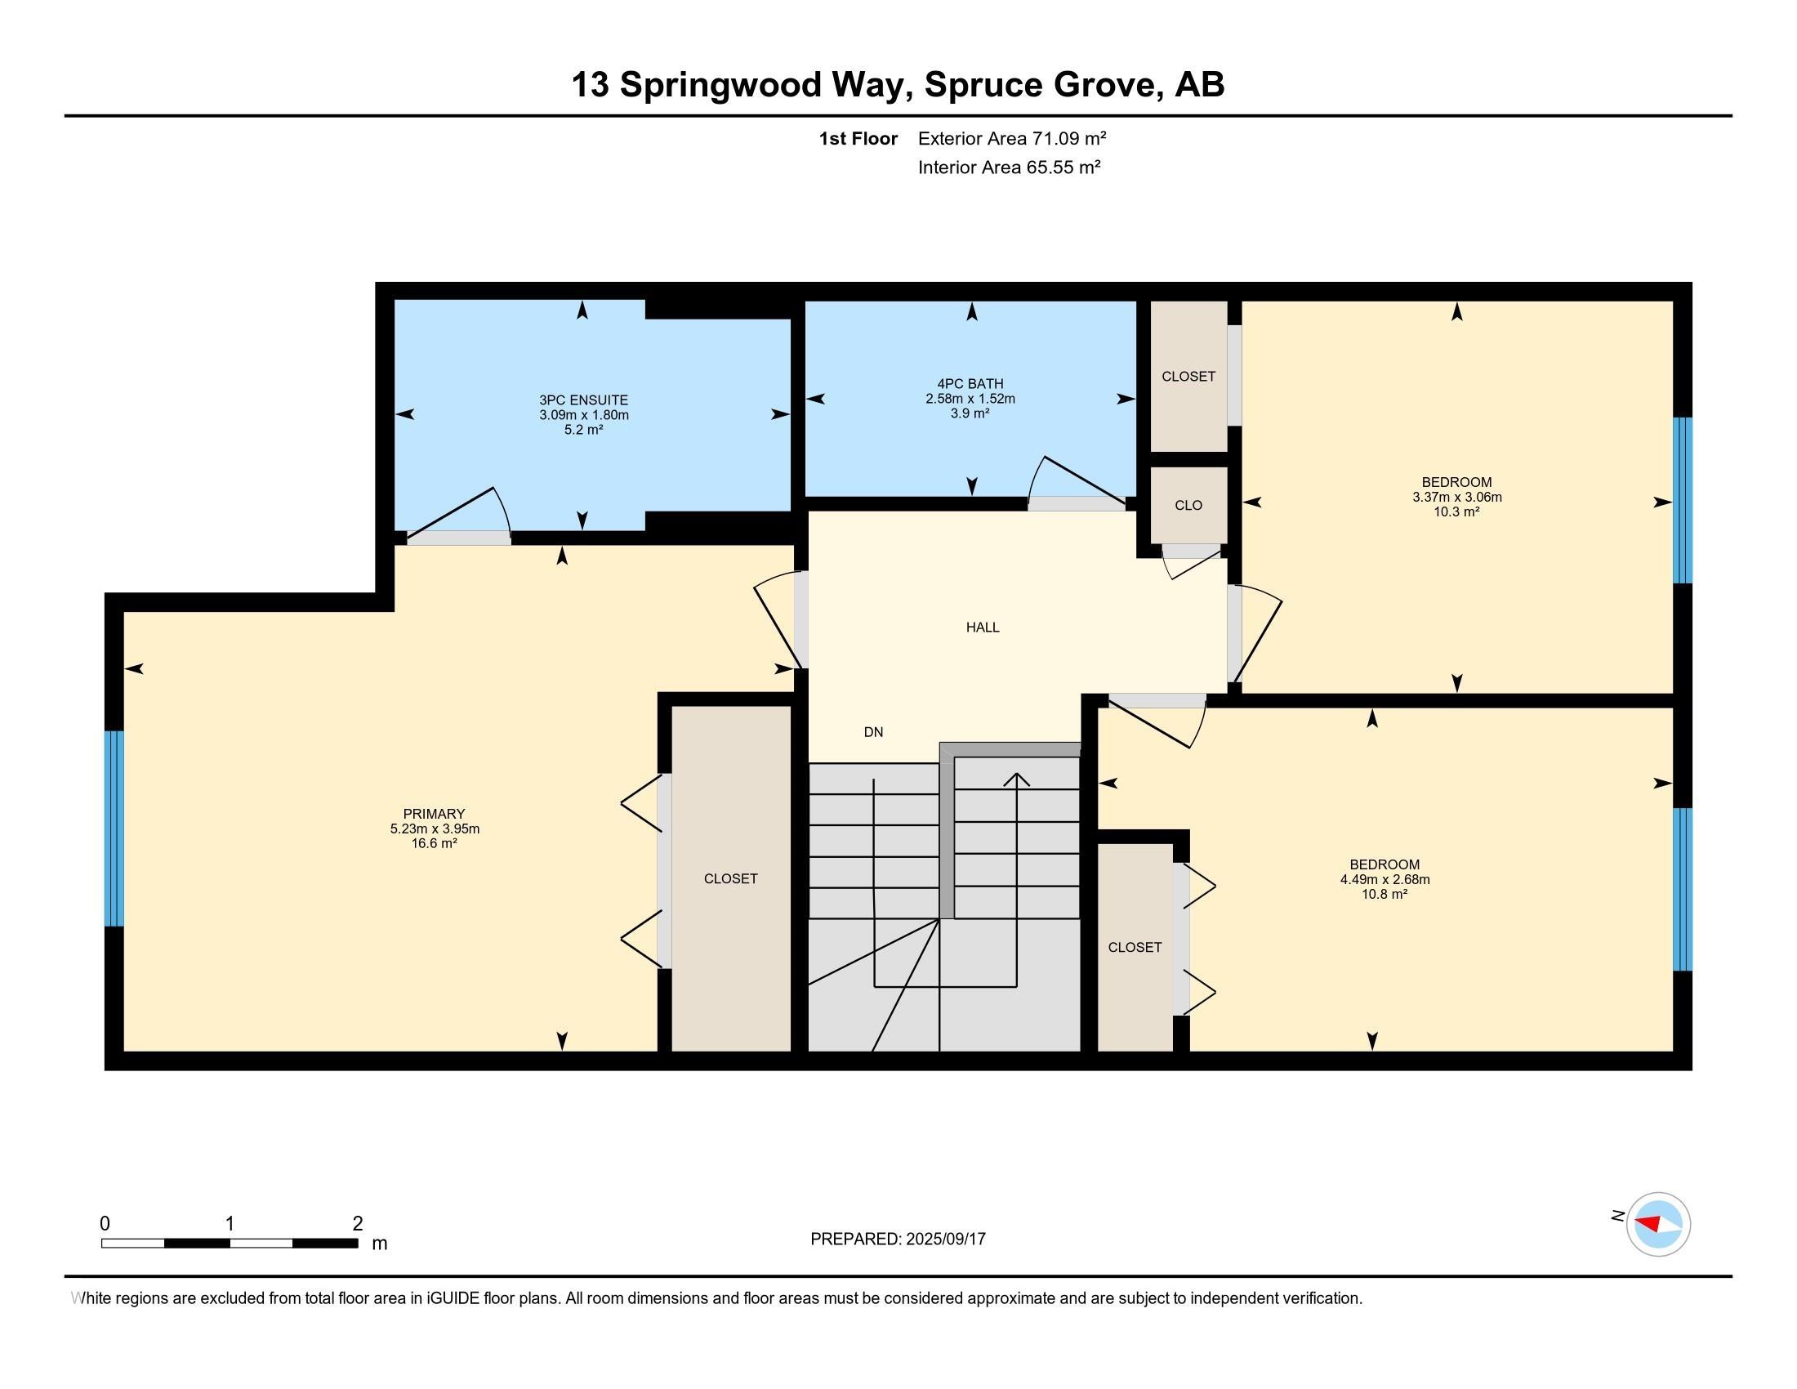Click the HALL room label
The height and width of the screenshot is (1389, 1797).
(983, 627)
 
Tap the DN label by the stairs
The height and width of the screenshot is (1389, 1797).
(873, 731)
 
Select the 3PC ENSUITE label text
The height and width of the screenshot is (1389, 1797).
(583, 400)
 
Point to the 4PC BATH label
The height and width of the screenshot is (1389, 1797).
(970, 383)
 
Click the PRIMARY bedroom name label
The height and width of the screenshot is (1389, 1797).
(434, 814)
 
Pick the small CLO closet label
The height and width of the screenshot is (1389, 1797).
(1188, 505)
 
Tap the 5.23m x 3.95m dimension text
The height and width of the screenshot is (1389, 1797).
(435, 828)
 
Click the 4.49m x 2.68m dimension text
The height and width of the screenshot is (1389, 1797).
(1385, 879)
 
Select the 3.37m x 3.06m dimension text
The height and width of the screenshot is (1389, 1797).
(1457, 497)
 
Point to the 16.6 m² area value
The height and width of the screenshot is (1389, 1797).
(435, 843)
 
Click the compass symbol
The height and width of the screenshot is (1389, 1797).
(1658, 1224)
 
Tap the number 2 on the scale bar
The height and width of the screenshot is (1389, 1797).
(357, 1224)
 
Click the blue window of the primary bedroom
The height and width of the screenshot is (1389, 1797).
(114, 828)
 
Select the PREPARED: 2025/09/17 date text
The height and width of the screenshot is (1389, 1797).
(898, 1239)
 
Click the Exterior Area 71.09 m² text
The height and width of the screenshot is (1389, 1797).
(1012, 138)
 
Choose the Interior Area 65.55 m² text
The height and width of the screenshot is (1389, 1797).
(1010, 167)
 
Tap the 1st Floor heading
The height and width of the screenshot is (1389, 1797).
(858, 138)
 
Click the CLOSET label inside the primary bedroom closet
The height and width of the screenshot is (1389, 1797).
(731, 879)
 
